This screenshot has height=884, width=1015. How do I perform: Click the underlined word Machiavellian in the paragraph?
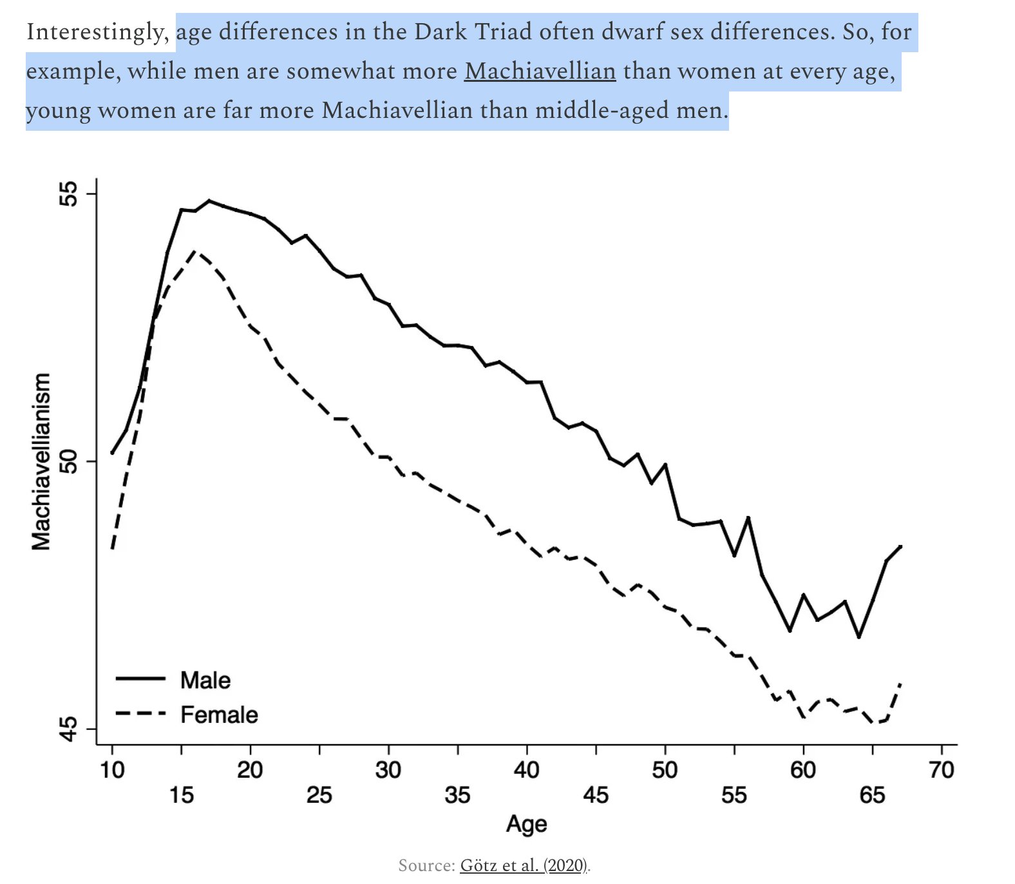coord(540,71)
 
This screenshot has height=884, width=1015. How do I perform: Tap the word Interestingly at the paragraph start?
coord(97,32)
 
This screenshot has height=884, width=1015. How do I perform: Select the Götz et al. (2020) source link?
coord(524,865)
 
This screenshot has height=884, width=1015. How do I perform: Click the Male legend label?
coord(205,680)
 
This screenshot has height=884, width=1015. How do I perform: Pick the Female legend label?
coord(219,715)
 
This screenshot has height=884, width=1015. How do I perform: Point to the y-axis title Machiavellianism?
coord(41,461)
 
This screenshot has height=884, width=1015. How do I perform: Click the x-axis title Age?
coord(526,824)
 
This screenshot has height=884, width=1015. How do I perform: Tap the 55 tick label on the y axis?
coord(68,193)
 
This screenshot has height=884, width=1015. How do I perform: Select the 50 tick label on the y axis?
coord(68,461)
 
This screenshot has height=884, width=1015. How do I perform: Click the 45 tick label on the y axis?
coord(68,729)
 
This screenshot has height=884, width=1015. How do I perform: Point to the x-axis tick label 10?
coord(112,770)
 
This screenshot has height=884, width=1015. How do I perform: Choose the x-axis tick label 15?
coord(182,795)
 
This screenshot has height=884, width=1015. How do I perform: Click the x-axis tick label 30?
coord(388,770)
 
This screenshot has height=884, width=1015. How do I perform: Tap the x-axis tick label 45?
coord(596,795)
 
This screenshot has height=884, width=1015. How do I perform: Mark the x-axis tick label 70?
coord(942,770)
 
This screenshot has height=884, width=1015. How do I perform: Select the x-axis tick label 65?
coord(872,795)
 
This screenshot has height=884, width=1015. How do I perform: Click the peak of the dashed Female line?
coord(196,251)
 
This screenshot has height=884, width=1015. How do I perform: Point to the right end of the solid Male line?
coord(900,546)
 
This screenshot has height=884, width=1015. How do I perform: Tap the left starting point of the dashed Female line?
coord(113,548)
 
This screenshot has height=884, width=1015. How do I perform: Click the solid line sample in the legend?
coord(140,679)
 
